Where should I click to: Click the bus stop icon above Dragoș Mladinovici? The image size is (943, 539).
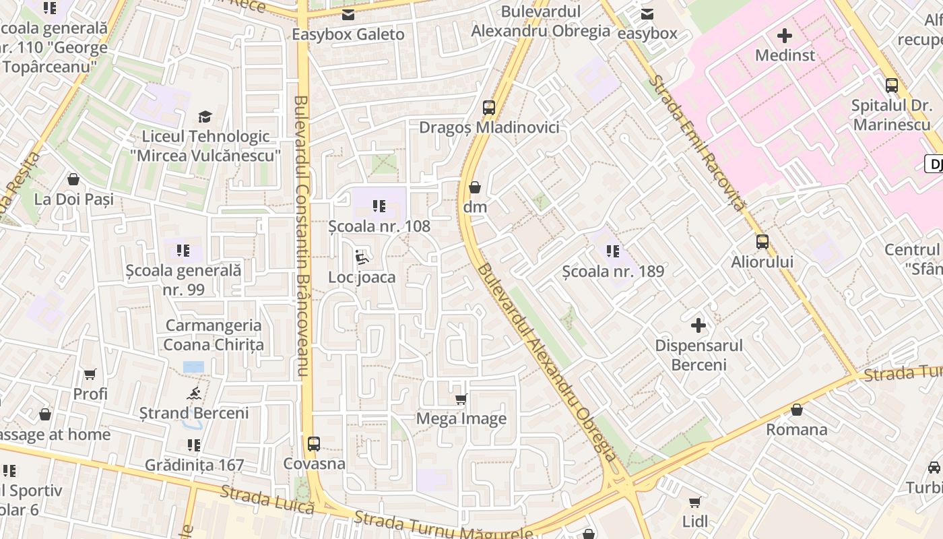(x=489, y=108)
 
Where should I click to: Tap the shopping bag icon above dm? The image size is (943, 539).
(x=475, y=187)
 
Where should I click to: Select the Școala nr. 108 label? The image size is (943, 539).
(x=379, y=226)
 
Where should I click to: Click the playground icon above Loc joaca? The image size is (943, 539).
(x=362, y=257)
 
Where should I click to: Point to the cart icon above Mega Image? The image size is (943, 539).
(x=461, y=400)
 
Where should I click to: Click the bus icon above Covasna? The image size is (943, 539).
(x=314, y=444)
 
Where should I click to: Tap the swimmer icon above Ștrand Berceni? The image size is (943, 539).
(x=194, y=393)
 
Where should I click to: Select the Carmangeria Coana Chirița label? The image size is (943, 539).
(x=214, y=335)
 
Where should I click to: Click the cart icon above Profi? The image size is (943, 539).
(x=90, y=374)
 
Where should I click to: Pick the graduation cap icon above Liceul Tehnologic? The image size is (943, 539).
(x=205, y=117)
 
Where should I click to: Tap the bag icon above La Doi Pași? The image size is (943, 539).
(x=73, y=179)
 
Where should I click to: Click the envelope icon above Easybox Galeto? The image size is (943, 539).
(x=348, y=15)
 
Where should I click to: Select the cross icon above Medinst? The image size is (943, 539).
(x=785, y=35)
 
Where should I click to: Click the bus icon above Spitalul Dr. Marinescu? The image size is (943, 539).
(x=892, y=86)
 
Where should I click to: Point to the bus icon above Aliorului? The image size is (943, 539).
(x=762, y=242)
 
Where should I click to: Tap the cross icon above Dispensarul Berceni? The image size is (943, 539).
(x=698, y=326)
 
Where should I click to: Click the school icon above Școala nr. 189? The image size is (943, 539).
(x=613, y=251)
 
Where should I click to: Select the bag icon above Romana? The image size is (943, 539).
(x=797, y=410)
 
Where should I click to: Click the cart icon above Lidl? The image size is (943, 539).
(x=695, y=502)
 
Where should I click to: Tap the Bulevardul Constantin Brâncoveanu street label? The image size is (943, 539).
(x=301, y=236)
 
